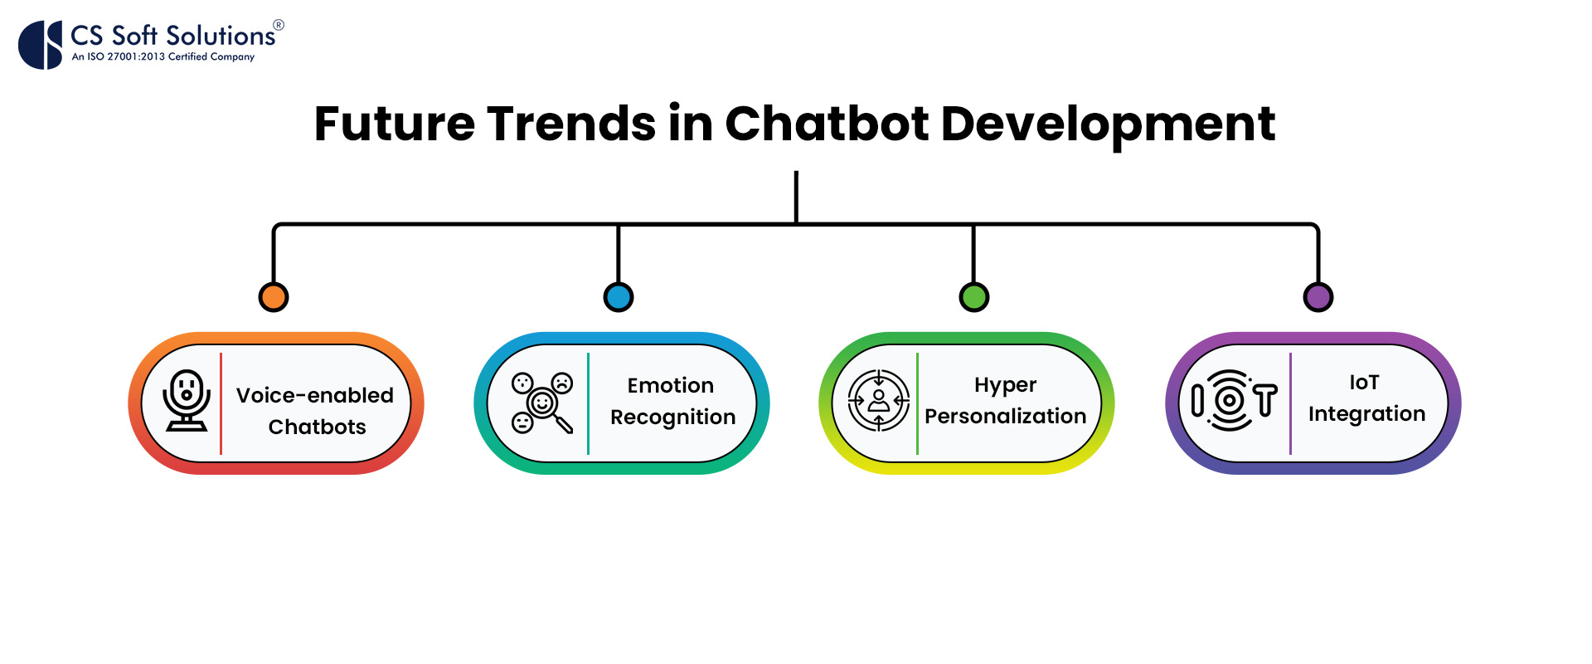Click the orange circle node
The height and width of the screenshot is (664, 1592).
(x=274, y=296)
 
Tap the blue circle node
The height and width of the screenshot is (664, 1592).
(x=619, y=296)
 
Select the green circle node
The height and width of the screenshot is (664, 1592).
(x=974, y=296)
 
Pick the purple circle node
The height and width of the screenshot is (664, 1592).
(x=1318, y=296)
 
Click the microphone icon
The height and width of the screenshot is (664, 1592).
(x=187, y=401)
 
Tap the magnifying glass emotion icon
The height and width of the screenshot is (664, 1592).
(x=542, y=403)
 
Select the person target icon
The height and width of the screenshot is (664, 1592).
(x=879, y=401)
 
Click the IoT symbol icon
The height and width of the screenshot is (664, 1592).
(x=1234, y=401)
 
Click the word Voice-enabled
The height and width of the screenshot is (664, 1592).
(x=315, y=395)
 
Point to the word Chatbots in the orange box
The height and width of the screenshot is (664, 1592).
(x=317, y=427)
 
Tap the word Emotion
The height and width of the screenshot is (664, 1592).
(x=671, y=385)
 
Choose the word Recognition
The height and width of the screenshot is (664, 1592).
(x=673, y=417)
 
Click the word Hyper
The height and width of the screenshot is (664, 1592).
(x=1005, y=385)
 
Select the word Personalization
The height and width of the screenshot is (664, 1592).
(x=1005, y=416)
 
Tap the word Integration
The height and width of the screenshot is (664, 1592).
(x=1366, y=413)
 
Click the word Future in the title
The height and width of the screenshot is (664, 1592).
(x=394, y=124)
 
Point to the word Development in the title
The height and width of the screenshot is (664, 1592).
(x=1108, y=124)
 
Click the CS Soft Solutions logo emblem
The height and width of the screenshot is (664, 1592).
(x=41, y=45)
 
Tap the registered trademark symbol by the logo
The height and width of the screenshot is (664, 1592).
(x=279, y=25)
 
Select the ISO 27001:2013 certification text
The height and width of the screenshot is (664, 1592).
(x=163, y=56)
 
